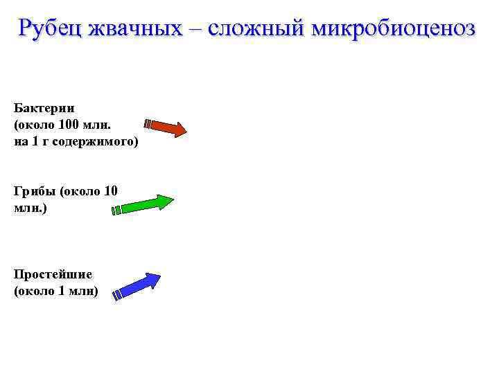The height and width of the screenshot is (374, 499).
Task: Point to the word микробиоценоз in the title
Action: click(394, 28)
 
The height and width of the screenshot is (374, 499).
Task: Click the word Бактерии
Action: click(44, 108)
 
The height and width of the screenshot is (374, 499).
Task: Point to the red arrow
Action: click(166, 127)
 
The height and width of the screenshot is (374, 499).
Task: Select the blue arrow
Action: click(137, 285)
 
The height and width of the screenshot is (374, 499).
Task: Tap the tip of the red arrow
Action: click(185, 130)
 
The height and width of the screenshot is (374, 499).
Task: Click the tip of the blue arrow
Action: click(159, 275)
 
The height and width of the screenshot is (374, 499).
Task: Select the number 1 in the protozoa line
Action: click(62, 291)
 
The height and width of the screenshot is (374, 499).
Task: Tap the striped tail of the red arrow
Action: click(148, 124)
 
